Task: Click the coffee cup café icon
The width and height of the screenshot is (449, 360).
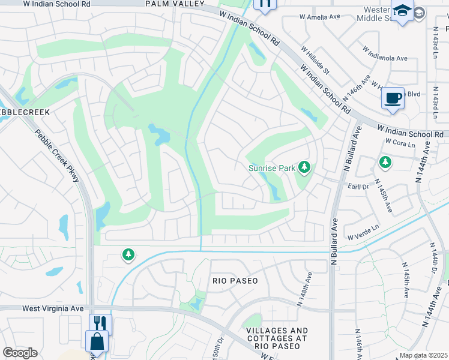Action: point(393,98)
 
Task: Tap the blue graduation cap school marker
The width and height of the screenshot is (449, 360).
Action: point(401,11)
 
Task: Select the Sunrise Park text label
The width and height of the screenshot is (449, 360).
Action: point(272,168)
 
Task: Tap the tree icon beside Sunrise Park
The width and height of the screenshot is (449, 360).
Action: point(305,167)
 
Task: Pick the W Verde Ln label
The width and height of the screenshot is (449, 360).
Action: point(364,228)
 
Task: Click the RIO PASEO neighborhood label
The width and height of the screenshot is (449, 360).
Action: point(235,281)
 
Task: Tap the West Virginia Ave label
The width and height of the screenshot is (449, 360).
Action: point(53,308)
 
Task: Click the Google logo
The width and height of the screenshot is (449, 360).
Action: point(20,353)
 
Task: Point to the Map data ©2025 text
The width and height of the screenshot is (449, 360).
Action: point(424,355)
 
